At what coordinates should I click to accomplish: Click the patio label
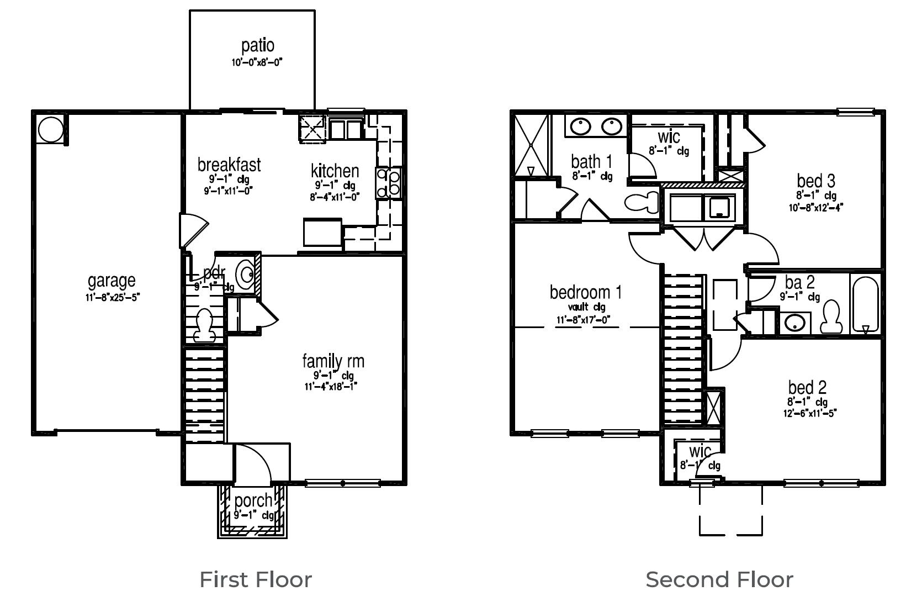point(257,46)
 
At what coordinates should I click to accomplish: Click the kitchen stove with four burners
point(388,183)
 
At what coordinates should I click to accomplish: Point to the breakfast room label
point(229,165)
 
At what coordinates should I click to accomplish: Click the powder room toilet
point(203,325)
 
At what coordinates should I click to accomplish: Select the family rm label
point(333,361)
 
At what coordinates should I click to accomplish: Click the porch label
point(253,500)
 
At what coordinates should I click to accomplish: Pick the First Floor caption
point(256,579)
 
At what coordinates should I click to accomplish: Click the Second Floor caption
point(719,579)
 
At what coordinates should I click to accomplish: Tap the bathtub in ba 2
point(865,304)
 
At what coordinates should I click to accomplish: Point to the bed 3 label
point(815,181)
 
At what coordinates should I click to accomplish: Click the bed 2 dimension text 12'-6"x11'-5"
point(809,413)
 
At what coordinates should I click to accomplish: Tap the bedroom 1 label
point(585,292)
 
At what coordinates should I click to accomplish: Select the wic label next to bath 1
point(669,136)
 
